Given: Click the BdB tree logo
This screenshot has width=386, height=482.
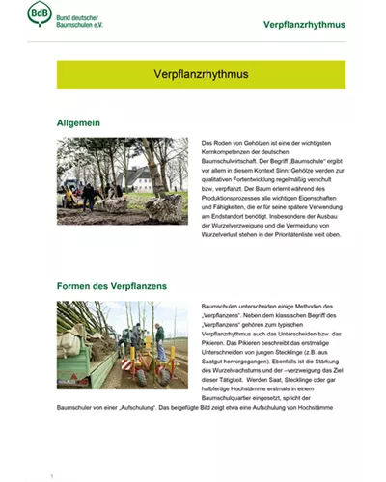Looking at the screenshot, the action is pyautogui.click(x=40, y=15).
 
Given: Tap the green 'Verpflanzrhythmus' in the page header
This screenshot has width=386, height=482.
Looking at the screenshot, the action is pyautogui.click(x=304, y=23).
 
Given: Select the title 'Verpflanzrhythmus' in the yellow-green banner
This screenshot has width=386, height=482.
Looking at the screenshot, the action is pyautogui.click(x=201, y=74).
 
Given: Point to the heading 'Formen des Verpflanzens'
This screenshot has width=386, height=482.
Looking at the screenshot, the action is pyautogui.click(x=112, y=286).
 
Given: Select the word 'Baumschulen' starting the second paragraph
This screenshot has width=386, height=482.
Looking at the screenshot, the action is pyautogui.click(x=221, y=305).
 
